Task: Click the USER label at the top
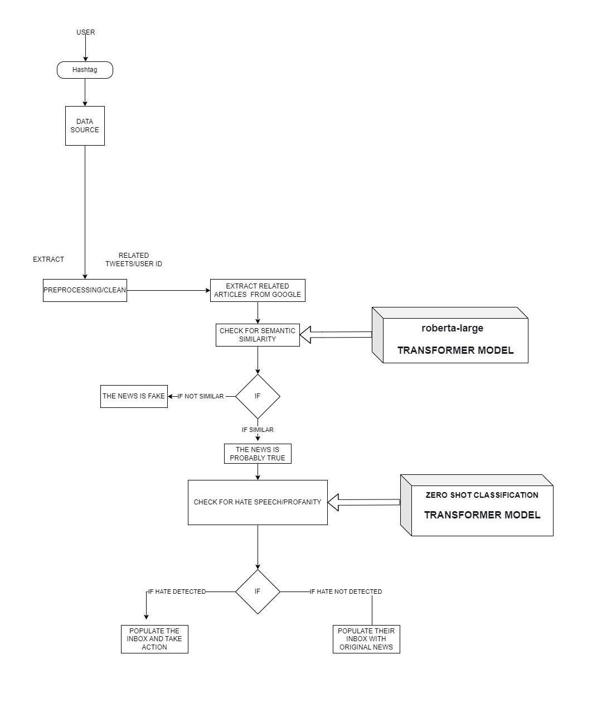[85, 32]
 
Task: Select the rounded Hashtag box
[85, 70]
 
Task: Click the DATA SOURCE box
[85, 126]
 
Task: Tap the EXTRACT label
[48, 259]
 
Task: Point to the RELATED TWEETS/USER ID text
[134, 259]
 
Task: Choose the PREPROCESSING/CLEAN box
[85, 290]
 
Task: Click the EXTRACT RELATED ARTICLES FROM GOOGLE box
[258, 290]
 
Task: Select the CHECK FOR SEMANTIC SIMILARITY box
[258, 335]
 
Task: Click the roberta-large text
[452, 328]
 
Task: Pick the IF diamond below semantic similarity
[258, 396]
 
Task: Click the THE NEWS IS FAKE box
[134, 396]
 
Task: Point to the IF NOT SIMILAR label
[201, 396]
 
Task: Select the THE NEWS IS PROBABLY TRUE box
[258, 454]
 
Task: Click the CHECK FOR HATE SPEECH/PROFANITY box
[258, 502]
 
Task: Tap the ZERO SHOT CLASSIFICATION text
[482, 495]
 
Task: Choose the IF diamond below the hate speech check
[258, 592]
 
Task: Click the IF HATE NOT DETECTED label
[346, 592]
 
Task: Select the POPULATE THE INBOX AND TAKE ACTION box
[154, 639]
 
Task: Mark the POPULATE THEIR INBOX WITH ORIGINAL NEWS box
[366, 639]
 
